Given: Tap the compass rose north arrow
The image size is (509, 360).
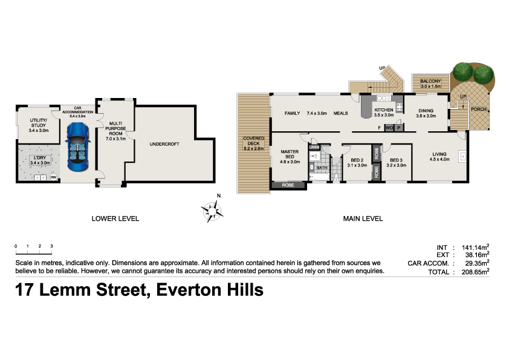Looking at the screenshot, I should (213, 209).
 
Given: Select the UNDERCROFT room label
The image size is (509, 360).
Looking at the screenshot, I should (166, 144).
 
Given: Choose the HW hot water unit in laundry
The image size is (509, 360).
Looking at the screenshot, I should (53, 177).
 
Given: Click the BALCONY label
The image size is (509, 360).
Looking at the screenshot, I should (430, 81).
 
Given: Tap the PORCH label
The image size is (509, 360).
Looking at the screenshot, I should (479, 110).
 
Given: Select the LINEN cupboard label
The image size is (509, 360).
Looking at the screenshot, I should (314, 147).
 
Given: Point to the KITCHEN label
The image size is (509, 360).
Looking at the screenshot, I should (384, 110).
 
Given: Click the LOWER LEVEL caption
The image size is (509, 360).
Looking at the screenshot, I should (115, 218).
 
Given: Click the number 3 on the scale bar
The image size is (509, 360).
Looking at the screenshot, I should (52, 246).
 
